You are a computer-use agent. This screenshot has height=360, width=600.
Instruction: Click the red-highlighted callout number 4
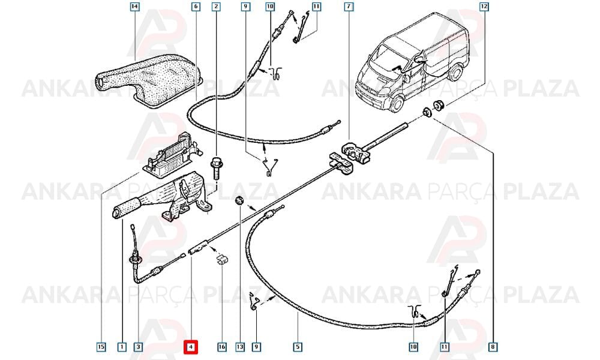pos(191,347)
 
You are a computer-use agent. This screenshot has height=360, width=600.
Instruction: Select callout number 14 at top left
pos(134,7)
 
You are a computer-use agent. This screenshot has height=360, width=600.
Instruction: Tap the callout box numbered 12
pos(484,7)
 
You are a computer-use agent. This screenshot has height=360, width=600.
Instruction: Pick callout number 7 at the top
pos(349,7)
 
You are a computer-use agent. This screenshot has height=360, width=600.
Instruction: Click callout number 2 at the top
pos(217,7)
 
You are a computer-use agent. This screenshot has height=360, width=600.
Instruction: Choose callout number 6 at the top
pos(196,7)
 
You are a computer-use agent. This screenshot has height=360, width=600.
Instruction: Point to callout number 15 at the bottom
pos(101,347)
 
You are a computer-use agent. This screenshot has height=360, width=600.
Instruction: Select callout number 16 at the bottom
pos(222,347)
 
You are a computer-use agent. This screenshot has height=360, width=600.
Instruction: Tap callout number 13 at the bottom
pos(239,347)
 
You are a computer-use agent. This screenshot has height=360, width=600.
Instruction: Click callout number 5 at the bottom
pos(298,347)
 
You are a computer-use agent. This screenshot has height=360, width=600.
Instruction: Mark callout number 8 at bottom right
pos(493,347)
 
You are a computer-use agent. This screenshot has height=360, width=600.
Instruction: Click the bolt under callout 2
pos(216,168)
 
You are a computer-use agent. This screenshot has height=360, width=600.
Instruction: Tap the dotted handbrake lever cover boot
pos(149,80)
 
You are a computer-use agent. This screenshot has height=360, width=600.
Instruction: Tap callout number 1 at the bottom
pos(122,347)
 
